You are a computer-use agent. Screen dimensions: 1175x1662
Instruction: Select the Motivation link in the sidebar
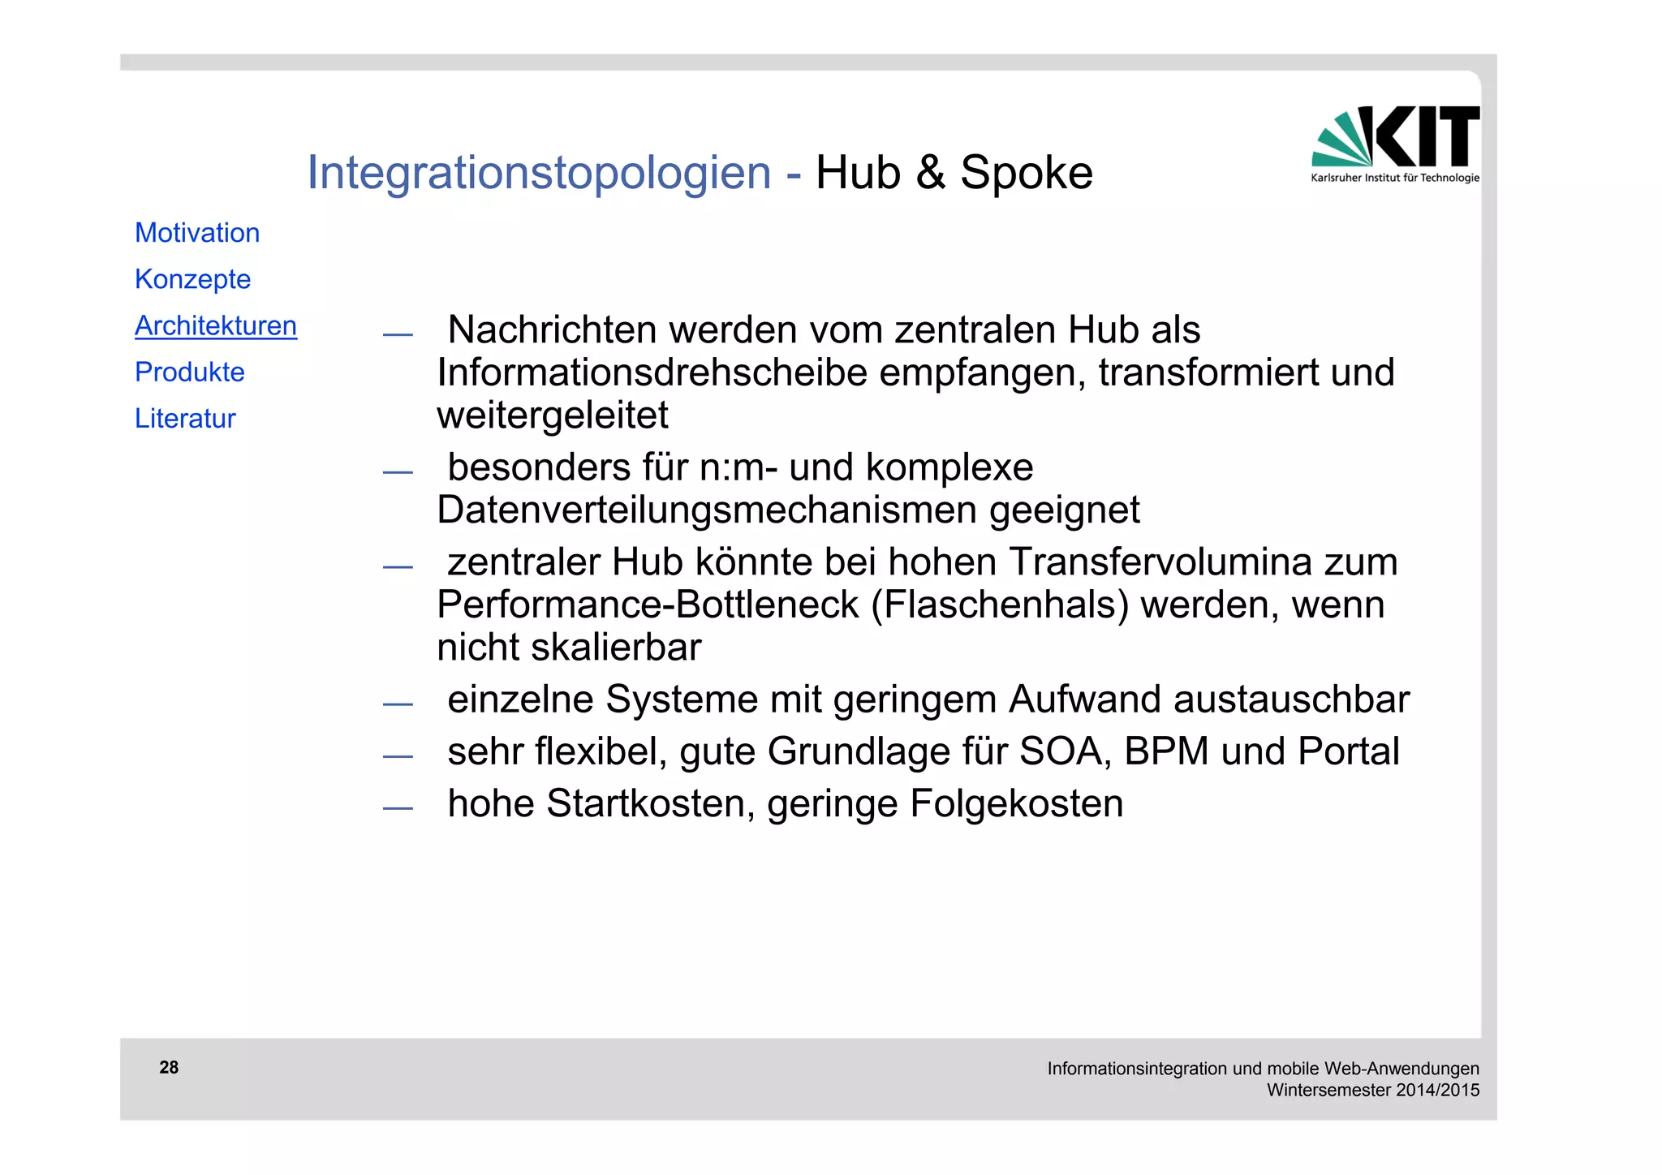tap(197, 233)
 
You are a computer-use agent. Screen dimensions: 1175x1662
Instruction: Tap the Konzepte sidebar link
tap(192, 279)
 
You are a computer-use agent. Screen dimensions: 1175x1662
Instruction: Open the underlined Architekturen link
tap(216, 325)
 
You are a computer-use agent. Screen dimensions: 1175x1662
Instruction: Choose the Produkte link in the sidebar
tap(190, 372)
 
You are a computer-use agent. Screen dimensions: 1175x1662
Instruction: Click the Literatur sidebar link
tap(185, 418)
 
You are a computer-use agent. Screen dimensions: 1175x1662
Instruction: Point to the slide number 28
tap(169, 1067)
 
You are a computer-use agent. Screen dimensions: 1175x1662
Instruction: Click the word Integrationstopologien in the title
tap(539, 173)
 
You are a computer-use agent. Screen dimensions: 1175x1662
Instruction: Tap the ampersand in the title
tap(930, 173)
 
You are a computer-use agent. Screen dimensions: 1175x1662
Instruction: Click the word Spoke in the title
tap(1027, 173)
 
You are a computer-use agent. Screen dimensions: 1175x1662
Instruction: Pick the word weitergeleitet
tap(552, 415)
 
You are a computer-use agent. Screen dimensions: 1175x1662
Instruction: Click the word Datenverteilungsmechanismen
tap(707, 510)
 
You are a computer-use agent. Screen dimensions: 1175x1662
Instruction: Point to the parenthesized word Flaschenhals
tap(1000, 605)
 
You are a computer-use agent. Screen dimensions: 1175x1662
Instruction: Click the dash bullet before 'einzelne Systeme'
tap(398, 704)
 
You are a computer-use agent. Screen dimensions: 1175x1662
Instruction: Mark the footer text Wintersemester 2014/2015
tap(1373, 1090)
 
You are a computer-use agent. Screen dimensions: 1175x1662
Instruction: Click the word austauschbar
tap(1291, 699)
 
